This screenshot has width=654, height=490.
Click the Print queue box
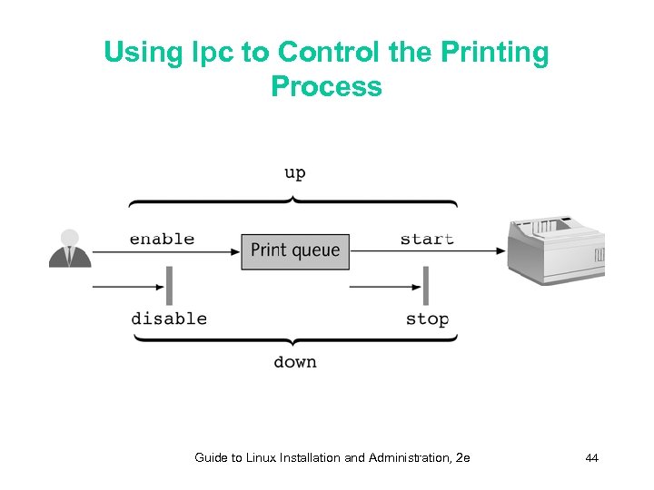point(295,250)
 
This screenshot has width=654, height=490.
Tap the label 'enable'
point(162,240)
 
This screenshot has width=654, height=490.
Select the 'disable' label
point(169,318)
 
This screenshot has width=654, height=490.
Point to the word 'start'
point(427,240)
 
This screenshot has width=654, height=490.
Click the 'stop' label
point(427,318)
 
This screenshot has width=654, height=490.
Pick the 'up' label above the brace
point(294,173)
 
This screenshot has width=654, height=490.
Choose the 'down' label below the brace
point(295,362)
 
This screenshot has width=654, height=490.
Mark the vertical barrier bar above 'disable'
point(169,286)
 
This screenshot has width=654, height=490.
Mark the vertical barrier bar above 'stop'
point(425,286)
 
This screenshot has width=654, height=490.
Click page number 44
point(591,458)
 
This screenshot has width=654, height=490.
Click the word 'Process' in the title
point(326,87)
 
